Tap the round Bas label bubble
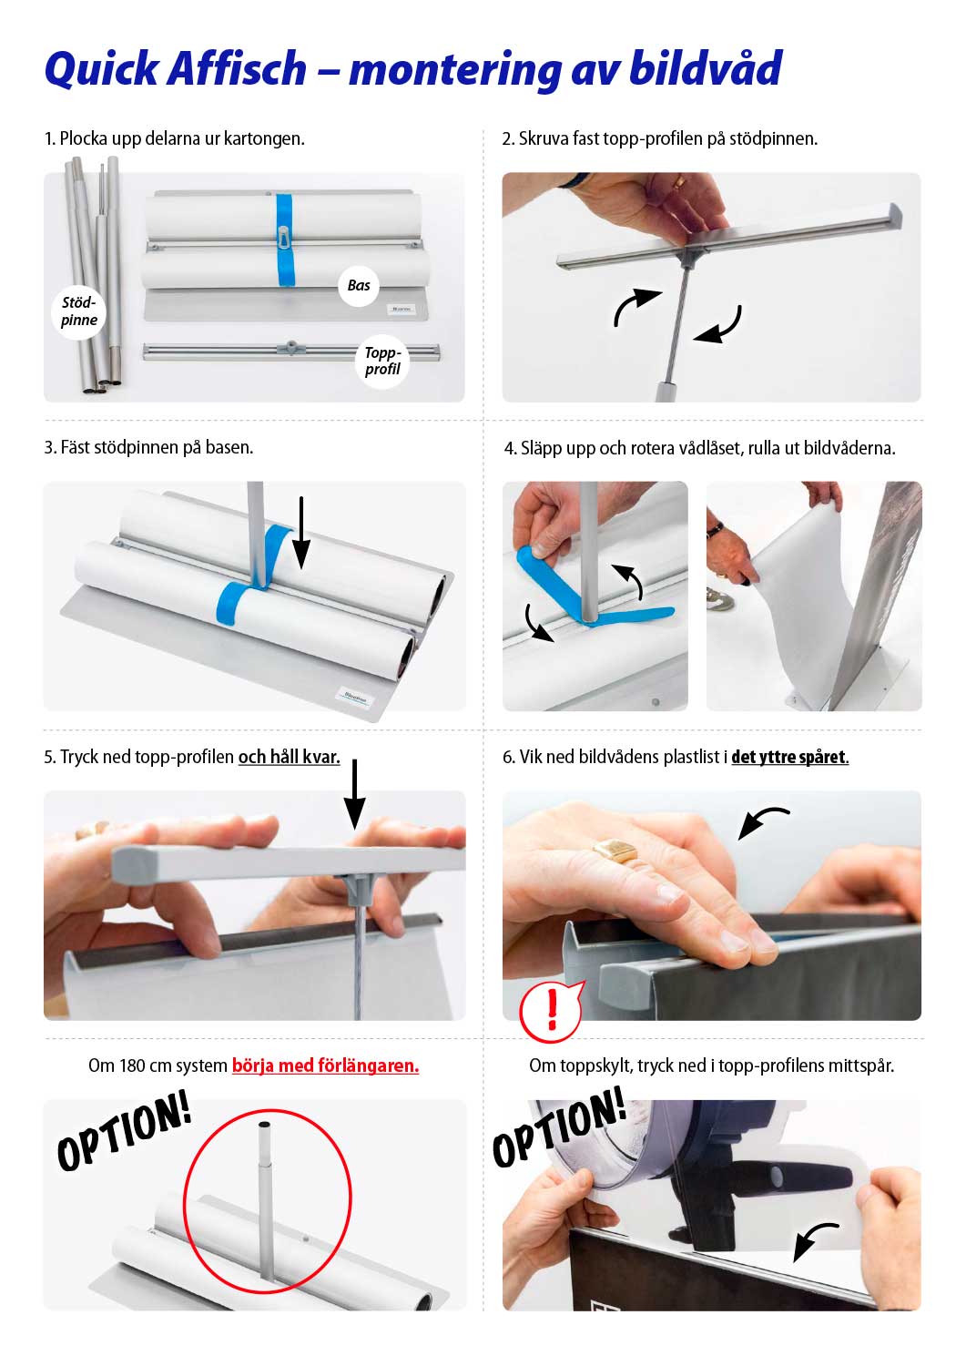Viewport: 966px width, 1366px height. [359, 285]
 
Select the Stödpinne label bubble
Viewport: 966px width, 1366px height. [78, 311]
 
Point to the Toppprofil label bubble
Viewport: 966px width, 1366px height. [382, 361]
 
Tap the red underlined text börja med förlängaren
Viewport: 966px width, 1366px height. [325, 1066]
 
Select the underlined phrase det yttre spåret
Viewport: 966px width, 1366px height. [789, 758]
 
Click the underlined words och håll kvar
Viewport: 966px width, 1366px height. [289, 758]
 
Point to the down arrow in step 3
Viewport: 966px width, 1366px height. [301, 533]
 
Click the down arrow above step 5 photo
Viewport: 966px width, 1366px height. [354, 794]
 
